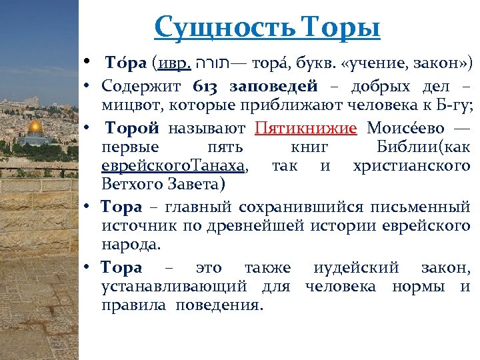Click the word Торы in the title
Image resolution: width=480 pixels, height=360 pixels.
tap(341, 27)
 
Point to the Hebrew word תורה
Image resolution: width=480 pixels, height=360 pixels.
tap(212, 65)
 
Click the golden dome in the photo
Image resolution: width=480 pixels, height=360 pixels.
tap(35, 127)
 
